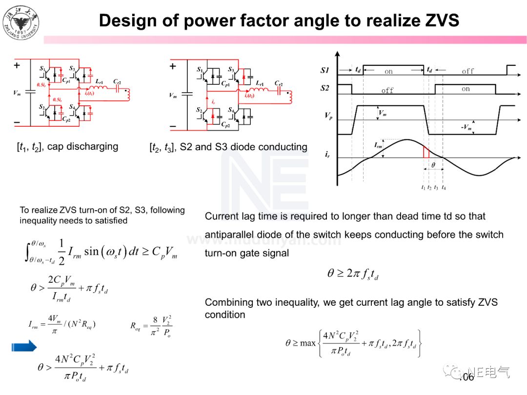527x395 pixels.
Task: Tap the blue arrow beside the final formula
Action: pyautogui.click(x=24, y=346)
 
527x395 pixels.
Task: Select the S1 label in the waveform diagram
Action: pyautogui.click(x=325, y=70)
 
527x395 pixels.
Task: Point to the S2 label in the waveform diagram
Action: pyautogui.click(x=325, y=88)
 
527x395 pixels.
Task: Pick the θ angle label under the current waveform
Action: pyautogui.click(x=433, y=165)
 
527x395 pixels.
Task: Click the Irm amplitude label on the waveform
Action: pyautogui.click(x=379, y=145)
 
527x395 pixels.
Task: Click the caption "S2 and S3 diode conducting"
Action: pyautogui.click(x=243, y=147)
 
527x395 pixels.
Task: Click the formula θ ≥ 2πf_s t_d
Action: pyautogui.click(x=353, y=274)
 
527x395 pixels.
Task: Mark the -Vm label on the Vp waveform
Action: pyautogui.click(x=466, y=128)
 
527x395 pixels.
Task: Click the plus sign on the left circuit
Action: pyautogui.click(x=17, y=65)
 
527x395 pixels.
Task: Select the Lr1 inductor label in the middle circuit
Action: pyautogui.click(x=260, y=83)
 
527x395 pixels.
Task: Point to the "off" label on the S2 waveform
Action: pyautogui.click(x=387, y=91)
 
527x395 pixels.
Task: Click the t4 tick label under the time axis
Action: pyautogui.click(x=443, y=188)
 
